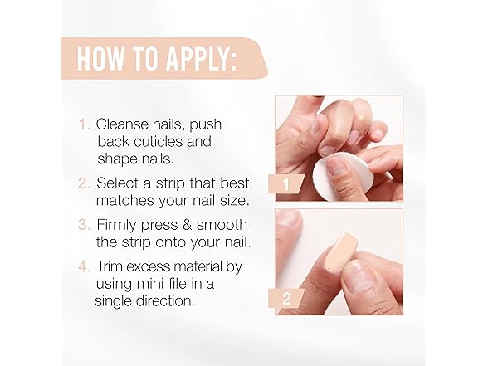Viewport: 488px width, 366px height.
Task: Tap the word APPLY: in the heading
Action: point(201,58)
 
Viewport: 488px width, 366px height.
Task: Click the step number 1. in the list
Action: point(85,124)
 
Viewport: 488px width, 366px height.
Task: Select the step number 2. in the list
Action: point(84,183)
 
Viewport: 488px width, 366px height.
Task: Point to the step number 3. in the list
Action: point(84,225)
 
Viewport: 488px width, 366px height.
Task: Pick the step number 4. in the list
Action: point(84,266)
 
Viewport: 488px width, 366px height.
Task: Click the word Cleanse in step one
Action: point(122,124)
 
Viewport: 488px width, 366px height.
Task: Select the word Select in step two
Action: point(117,183)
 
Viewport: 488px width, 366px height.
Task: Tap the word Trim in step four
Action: point(110,266)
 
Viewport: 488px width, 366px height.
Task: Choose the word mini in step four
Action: point(148,284)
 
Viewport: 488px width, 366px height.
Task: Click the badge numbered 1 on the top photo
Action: point(286,184)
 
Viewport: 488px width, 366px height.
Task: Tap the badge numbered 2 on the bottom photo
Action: point(286,299)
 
